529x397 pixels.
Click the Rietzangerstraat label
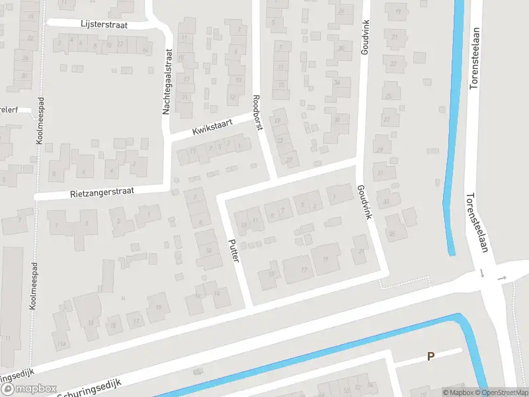[102, 191]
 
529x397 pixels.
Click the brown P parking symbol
[430, 356]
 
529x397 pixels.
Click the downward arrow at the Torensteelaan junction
[483, 273]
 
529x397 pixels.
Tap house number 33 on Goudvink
[386, 202]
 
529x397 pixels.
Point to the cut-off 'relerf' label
[9, 109]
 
